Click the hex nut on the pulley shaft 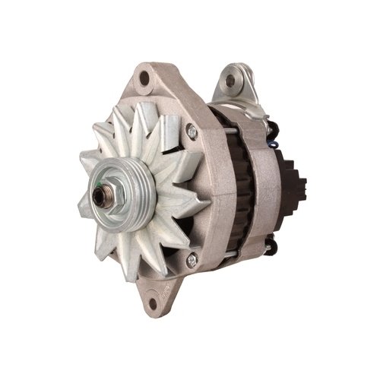pos(102,197)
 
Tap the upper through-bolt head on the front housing pos(192,132)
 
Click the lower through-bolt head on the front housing pos(192,260)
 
